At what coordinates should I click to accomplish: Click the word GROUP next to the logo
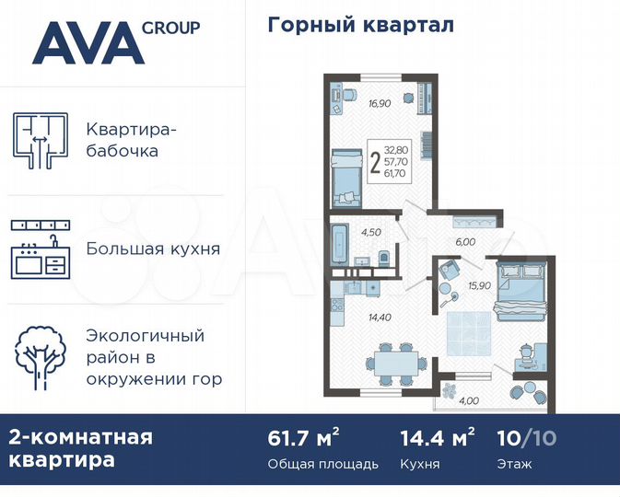170,28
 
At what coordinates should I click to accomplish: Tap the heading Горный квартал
360,25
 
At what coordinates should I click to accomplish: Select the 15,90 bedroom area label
478,284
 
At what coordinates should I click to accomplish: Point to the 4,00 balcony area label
469,399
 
